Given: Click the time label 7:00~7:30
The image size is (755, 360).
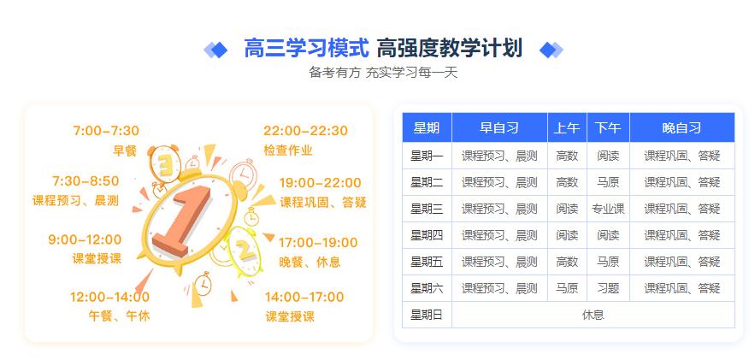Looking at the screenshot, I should [x=105, y=131].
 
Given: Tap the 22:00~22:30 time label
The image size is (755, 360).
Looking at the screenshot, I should [x=305, y=131].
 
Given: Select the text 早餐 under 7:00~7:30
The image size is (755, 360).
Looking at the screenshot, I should [x=125, y=150].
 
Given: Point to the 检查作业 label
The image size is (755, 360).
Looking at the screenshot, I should [x=288, y=150].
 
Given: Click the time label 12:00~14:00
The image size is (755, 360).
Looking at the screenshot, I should [x=109, y=297].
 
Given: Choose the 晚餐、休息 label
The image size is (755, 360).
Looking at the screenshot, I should [x=310, y=262].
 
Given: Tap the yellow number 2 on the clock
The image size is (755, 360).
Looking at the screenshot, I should [x=244, y=250].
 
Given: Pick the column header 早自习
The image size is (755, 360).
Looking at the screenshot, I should [x=499, y=127].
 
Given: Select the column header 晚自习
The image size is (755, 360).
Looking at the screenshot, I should [x=681, y=127].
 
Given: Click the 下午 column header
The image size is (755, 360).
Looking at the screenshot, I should [x=608, y=127].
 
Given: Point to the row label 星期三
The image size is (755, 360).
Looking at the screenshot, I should [x=427, y=209].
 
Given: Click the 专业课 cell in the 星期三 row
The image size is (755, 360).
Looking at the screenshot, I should [x=608, y=209].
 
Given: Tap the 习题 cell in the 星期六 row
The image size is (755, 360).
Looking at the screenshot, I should [x=608, y=288].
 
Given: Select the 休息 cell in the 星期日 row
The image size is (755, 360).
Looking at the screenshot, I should [x=593, y=315].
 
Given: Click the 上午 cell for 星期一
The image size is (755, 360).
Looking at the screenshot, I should [x=567, y=156].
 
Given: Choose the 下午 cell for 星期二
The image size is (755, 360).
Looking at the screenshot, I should [x=608, y=182].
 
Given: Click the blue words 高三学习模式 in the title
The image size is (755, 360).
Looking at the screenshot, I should [x=306, y=49].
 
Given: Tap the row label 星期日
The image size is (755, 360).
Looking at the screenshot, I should [x=427, y=315].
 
